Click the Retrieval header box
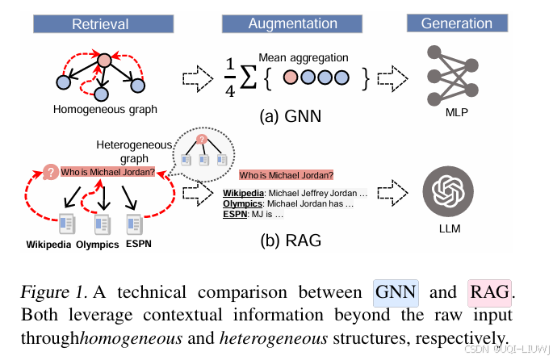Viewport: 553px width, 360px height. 103,24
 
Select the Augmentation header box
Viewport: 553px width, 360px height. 292,24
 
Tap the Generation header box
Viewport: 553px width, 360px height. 457,23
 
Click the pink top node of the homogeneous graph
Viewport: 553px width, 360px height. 104,61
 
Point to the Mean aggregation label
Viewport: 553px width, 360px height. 304,57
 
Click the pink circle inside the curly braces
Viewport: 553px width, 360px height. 291,77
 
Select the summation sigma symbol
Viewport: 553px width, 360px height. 248,78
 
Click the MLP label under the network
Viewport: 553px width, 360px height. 457,112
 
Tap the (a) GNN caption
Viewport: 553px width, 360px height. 291,116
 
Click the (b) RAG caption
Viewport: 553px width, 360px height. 291,241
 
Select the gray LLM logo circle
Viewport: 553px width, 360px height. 448,191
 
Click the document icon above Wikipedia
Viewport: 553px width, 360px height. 67,224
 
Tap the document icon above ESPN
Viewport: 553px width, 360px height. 135,224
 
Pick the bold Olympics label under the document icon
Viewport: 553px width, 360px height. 98,245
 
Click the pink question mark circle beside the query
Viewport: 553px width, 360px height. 51,172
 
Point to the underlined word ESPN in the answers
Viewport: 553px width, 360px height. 235,214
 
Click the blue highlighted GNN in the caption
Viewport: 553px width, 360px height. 396,293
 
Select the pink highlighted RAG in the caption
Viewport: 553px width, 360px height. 489,293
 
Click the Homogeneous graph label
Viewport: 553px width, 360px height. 105,110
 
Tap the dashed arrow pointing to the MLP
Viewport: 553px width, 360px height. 392,78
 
